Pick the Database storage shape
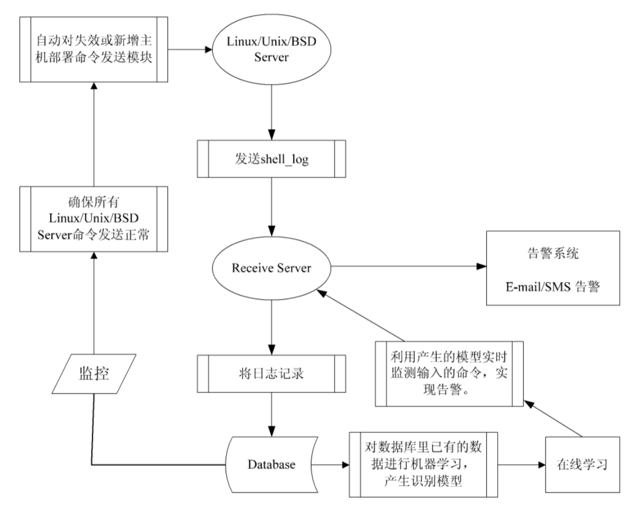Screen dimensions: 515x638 tap(271, 464)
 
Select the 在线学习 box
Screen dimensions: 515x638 tap(581, 464)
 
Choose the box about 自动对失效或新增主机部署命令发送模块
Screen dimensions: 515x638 tap(93, 50)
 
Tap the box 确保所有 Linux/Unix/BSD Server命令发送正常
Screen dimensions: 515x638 tap(93, 219)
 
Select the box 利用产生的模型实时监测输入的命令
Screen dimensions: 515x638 tap(450, 372)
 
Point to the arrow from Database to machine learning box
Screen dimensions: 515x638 tap(329, 464)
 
